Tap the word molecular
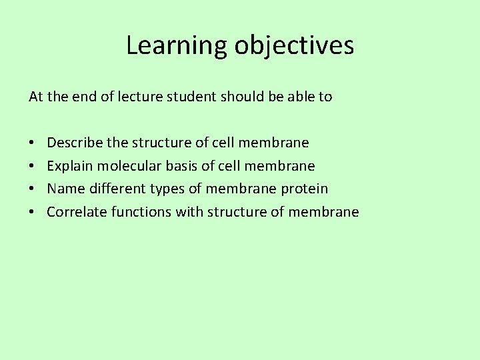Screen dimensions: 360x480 pyautogui.click(x=124, y=165)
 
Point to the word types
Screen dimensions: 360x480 pyautogui.click(x=168, y=189)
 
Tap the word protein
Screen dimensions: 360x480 pyautogui.click(x=304, y=189)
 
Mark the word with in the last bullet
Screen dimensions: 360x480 pyautogui.click(x=189, y=212)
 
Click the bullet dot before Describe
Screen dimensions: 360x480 pyautogui.click(x=33, y=143)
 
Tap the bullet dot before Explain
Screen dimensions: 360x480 pyautogui.click(x=33, y=166)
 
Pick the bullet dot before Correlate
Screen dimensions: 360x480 pyautogui.click(x=33, y=213)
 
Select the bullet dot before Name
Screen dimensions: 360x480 pyautogui.click(x=33, y=189)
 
